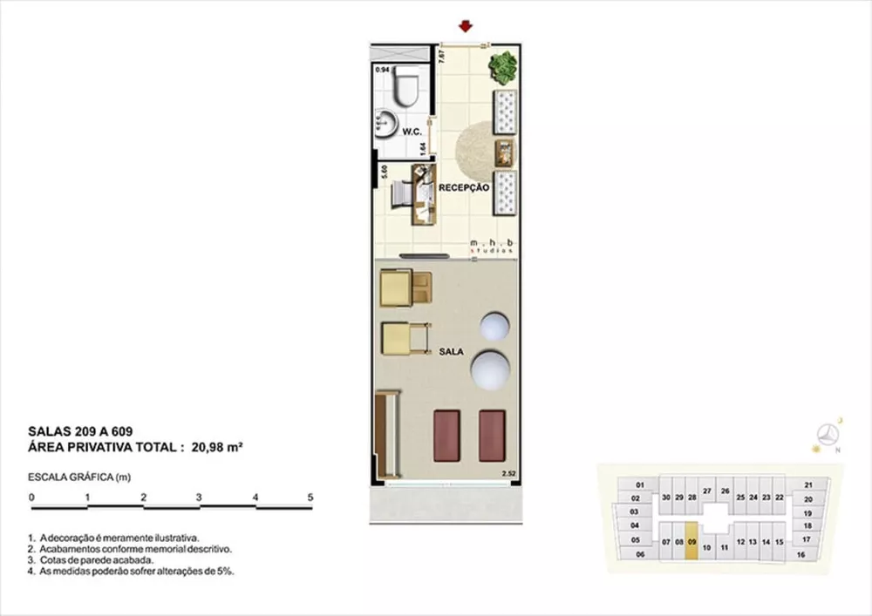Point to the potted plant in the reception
[502, 66]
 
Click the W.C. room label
[412, 132]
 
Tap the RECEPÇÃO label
[463, 187]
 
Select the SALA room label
[451, 353]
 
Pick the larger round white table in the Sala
[490, 369]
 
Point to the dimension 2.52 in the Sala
[508, 474]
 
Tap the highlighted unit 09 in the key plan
[691, 541]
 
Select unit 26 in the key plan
[725, 491]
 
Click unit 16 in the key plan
[800, 554]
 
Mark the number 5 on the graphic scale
[310, 497]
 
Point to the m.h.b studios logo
[494, 245]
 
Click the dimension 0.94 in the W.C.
[382, 69]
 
